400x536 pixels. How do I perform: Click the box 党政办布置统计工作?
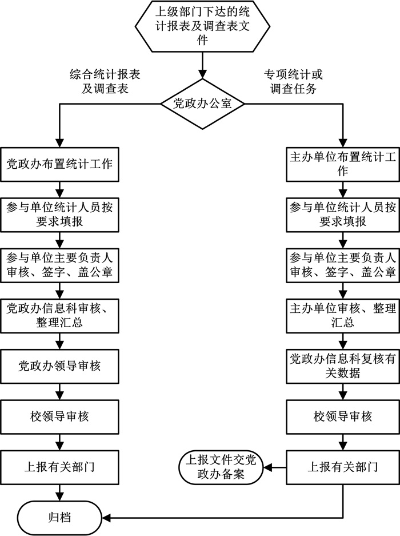click(59, 164)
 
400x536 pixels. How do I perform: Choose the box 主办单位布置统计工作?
click(342, 164)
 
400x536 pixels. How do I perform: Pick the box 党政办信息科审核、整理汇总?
click(59, 315)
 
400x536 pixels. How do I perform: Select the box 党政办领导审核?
click(59, 366)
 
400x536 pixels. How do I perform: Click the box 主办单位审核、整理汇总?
click(342, 315)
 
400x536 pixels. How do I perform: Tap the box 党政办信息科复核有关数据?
click(342, 366)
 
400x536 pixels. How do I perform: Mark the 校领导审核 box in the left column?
click(59, 416)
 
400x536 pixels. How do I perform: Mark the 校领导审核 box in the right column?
click(342, 416)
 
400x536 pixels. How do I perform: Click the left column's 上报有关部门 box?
click(59, 466)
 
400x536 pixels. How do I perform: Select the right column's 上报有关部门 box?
click(342, 466)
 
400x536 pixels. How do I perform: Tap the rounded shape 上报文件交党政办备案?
click(221, 467)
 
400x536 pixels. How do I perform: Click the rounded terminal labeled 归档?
click(59, 518)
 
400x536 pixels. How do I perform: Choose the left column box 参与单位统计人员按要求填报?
click(59, 214)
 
